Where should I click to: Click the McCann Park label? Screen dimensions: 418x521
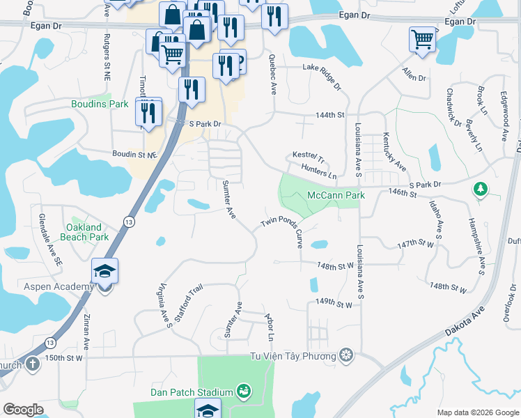pos(336,196)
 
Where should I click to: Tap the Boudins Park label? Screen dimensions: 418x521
pos(100,104)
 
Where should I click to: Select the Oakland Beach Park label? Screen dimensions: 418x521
pos(88,232)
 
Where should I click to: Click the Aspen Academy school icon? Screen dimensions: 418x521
pos(104,272)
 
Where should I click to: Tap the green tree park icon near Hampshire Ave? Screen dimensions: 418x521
pos(479,188)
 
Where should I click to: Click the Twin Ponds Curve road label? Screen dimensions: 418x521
pos(281,231)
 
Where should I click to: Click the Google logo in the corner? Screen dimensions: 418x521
pos(23,409)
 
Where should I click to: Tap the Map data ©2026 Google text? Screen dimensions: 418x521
pos(477,412)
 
